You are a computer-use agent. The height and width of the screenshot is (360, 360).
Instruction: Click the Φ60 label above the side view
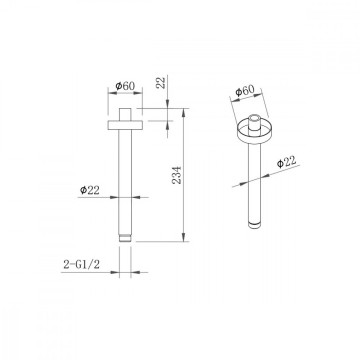[x=125, y=86]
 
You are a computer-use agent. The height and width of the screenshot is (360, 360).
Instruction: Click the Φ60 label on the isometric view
[x=245, y=91]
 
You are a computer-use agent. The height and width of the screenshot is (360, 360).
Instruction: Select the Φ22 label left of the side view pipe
[x=90, y=190]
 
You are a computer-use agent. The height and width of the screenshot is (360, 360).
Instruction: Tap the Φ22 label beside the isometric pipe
[x=286, y=162]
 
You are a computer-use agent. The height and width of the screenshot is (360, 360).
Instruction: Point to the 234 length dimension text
[x=177, y=175]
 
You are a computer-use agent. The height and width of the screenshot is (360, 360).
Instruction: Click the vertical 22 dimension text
[x=161, y=82]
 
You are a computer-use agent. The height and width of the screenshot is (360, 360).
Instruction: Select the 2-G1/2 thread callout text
[x=82, y=265]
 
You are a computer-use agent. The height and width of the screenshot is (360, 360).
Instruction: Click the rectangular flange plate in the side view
[x=125, y=124]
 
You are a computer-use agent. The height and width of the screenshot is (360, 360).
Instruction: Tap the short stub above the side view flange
[x=125, y=114]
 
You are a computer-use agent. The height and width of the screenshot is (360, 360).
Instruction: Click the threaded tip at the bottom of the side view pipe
[x=125, y=238]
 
